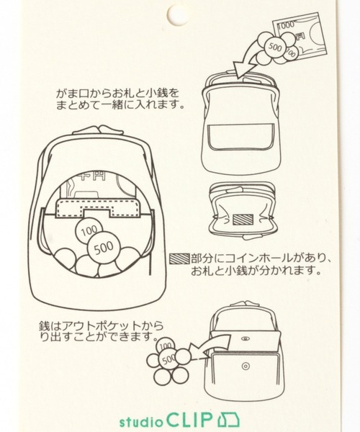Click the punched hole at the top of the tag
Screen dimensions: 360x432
coord(178,15)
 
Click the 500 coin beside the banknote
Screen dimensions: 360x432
coord(274,48)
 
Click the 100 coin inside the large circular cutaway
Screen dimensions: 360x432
coord(89,230)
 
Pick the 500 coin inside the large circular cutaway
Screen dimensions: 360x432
coord(104,247)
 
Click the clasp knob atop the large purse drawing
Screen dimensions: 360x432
coord(99,130)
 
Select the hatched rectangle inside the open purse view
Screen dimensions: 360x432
coord(243,220)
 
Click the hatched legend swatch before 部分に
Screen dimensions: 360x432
coord(179,258)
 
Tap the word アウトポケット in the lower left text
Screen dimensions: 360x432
coord(102,326)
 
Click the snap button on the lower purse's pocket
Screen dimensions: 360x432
coord(246,366)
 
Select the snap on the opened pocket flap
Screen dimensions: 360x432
coord(244,338)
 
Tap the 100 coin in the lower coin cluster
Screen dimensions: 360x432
coord(166,346)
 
